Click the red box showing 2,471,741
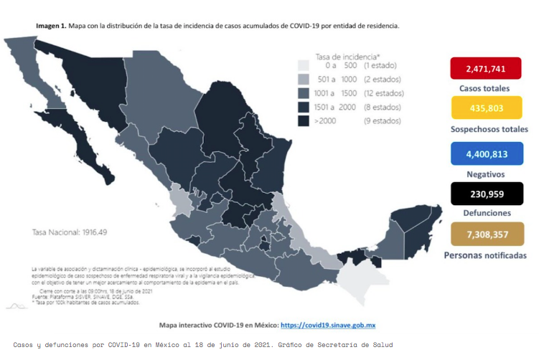point(484,69)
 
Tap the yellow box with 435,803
point(484,108)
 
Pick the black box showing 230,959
point(484,192)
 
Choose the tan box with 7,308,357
point(484,235)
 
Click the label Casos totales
point(484,88)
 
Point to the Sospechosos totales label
point(484,129)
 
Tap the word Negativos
point(484,174)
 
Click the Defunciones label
point(484,213)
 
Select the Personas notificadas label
point(485,255)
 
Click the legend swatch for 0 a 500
point(304,65)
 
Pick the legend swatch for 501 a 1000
point(304,80)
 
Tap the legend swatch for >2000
point(304,121)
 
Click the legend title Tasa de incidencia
point(347,56)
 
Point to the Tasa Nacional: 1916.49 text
point(70,232)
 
